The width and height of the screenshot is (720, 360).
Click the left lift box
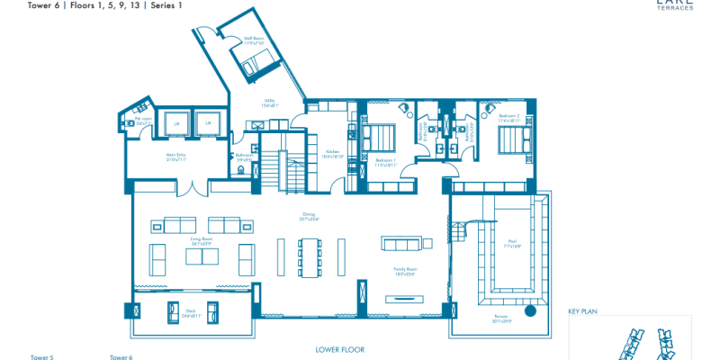pyautogui.click(x=176, y=123)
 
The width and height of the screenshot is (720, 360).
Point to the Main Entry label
pyautogui.click(x=176, y=156)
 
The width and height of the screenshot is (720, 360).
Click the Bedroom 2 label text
pyautogui.click(x=509, y=117)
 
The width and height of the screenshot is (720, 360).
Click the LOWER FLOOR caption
pyautogui.click(x=339, y=348)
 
